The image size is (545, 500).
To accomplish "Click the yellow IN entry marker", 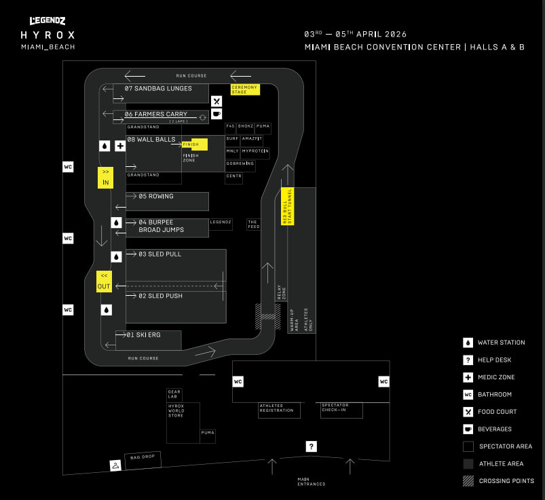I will click(x=105, y=177).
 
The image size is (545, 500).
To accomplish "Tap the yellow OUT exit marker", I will click(x=104, y=281).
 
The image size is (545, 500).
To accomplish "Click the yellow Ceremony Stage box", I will click(x=245, y=89).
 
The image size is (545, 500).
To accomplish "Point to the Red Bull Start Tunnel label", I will click(x=286, y=206).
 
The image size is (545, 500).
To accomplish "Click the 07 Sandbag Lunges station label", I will click(x=158, y=88).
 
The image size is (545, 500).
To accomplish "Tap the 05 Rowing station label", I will click(x=156, y=196).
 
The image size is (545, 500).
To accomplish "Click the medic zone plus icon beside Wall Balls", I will click(x=120, y=145).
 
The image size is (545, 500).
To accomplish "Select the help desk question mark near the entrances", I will click(x=312, y=446).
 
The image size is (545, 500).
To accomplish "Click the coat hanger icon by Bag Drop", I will click(x=115, y=465).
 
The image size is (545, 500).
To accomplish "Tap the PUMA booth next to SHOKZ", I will click(x=263, y=126).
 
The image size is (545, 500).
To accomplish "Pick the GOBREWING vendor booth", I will click(x=240, y=164).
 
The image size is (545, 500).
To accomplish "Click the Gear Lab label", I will click(x=174, y=393).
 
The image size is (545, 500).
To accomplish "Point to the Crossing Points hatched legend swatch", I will click(x=468, y=481).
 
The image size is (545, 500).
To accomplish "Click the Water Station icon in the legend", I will click(x=468, y=343).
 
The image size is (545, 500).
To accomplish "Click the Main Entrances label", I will click(x=312, y=482).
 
